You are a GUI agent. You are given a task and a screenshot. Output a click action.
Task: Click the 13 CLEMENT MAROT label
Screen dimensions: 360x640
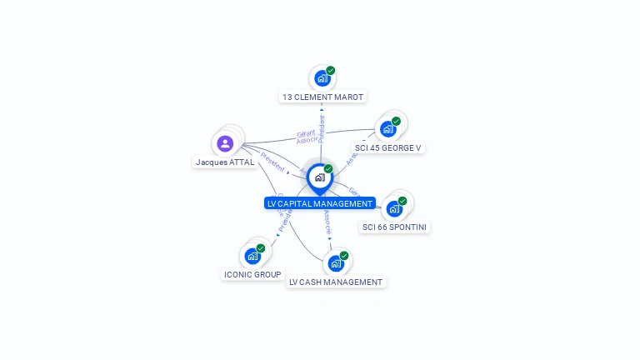(x=322, y=97)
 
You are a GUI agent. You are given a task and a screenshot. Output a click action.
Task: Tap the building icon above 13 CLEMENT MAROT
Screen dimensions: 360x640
(x=322, y=79)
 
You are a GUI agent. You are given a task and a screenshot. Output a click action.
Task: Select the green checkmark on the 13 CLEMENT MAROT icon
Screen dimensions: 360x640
(x=331, y=71)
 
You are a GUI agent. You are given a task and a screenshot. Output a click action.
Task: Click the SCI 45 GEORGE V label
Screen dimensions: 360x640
(x=388, y=148)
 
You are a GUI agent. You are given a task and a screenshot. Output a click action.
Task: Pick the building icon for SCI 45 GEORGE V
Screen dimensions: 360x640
(x=387, y=129)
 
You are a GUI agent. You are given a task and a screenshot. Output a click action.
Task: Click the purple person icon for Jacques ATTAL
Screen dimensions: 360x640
(x=225, y=143)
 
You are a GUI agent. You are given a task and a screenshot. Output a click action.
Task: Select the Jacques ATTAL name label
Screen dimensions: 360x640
(x=225, y=162)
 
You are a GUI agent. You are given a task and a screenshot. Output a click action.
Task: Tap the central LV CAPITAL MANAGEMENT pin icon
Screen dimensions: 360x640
(x=319, y=177)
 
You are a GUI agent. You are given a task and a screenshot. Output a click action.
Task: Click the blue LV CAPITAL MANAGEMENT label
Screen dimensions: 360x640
(x=320, y=203)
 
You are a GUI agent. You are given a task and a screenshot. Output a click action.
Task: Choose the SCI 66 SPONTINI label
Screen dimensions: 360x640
(x=395, y=227)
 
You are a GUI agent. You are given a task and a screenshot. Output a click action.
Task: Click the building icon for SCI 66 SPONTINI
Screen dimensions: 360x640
(x=394, y=208)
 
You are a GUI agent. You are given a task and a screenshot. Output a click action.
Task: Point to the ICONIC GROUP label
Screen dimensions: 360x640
(x=252, y=274)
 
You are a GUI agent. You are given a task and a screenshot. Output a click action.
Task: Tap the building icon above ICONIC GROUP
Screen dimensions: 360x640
(x=252, y=256)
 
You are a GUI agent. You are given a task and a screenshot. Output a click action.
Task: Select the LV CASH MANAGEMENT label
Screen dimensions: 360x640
(x=336, y=282)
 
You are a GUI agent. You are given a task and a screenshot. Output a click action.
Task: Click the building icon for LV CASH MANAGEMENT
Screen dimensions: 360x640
(x=336, y=263)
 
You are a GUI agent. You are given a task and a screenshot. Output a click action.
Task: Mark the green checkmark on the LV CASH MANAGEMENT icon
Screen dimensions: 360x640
(x=344, y=256)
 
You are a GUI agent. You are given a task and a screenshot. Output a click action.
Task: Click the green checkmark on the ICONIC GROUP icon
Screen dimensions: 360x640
(x=261, y=248)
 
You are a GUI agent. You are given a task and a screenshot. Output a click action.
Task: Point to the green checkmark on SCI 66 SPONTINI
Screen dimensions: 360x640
(x=402, y=201)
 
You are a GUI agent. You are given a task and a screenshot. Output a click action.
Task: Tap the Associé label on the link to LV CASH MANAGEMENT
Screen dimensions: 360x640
(x=327, y=221)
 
